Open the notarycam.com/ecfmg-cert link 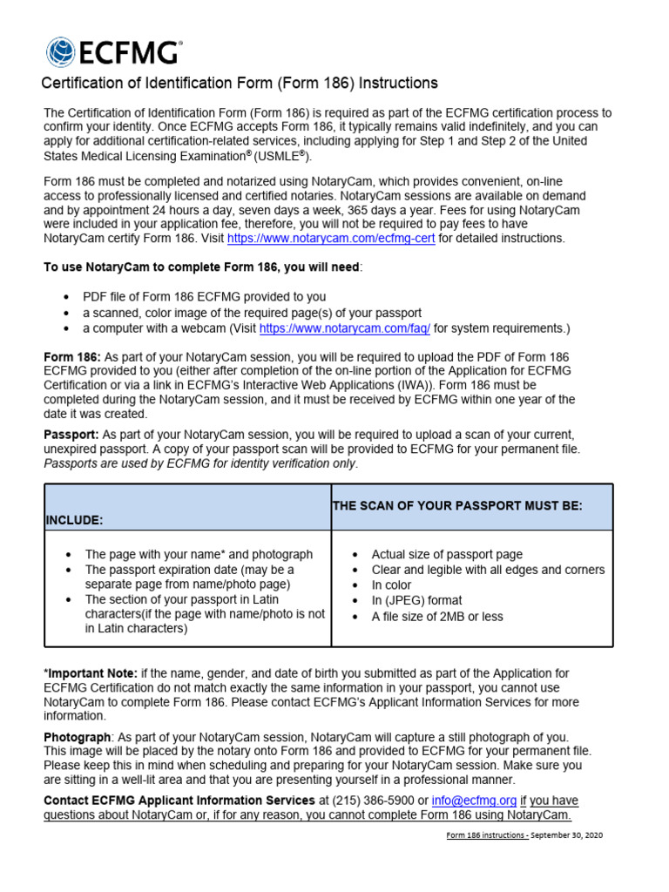coord(331,238)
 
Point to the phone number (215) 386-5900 coord(375,801)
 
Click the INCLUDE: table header coord(74,520)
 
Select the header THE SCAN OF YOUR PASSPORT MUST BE coord(457,506)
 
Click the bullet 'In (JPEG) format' coord(416,601)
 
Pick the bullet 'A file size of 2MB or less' coord(436,617)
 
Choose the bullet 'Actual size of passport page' coord(447,554)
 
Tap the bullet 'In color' coord(391,585)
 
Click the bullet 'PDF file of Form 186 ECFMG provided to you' coord(205,297)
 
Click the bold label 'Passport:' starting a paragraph coord(71,435)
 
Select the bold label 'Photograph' coord(78,737)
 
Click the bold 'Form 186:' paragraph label coord(72,357)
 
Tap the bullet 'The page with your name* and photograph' coord(199,554)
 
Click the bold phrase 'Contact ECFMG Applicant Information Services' coord(179,801)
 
